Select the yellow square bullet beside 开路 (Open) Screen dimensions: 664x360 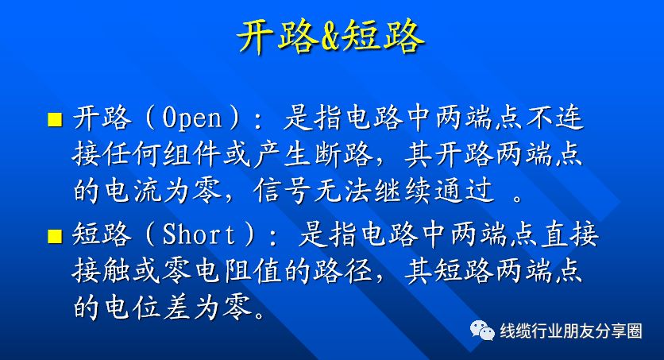(55, 119)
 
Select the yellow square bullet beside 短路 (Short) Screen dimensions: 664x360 (55, 236)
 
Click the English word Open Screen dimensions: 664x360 (192, 118)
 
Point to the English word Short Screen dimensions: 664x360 (199, 234)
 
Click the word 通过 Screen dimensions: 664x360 (464, 190)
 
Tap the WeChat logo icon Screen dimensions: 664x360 (482, 331)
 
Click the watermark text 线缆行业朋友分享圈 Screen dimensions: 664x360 (571, 331)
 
